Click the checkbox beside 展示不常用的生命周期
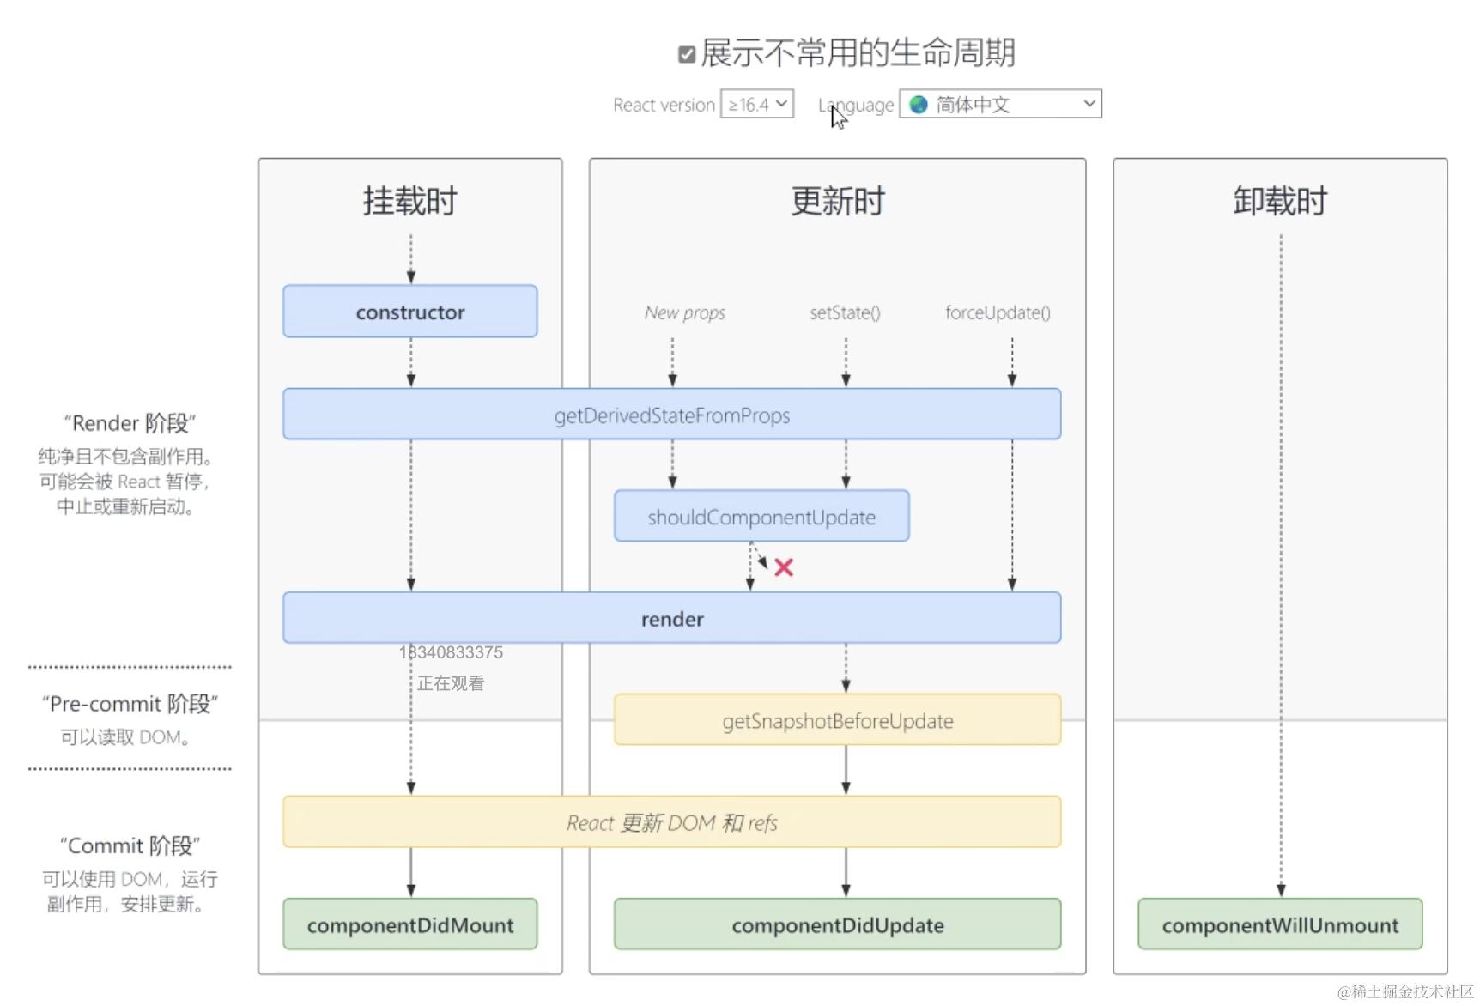tap(686, 55)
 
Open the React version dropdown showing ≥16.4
tap(756, 105)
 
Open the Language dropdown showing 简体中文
tap(1000, 105)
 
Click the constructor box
tap(410, 312)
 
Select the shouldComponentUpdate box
tap(761, 517)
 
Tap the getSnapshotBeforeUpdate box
tap(837, 720)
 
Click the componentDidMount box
tap(410, 924)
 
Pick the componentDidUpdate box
tap(837, 924)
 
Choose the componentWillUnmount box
tap(1279, 924)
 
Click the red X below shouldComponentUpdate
tap(784, 567)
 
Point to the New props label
tap(684, 312)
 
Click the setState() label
tap(845, 312)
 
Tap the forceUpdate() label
tap(998, 312)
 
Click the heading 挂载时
tap(410, 202)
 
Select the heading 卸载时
tap(1279, 202)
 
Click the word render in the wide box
tap(672, 619)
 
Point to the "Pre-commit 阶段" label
tap(130, 704)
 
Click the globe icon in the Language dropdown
tap(919, 105)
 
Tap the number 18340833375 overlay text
tap(452, 652)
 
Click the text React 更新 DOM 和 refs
tap(672, 823)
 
